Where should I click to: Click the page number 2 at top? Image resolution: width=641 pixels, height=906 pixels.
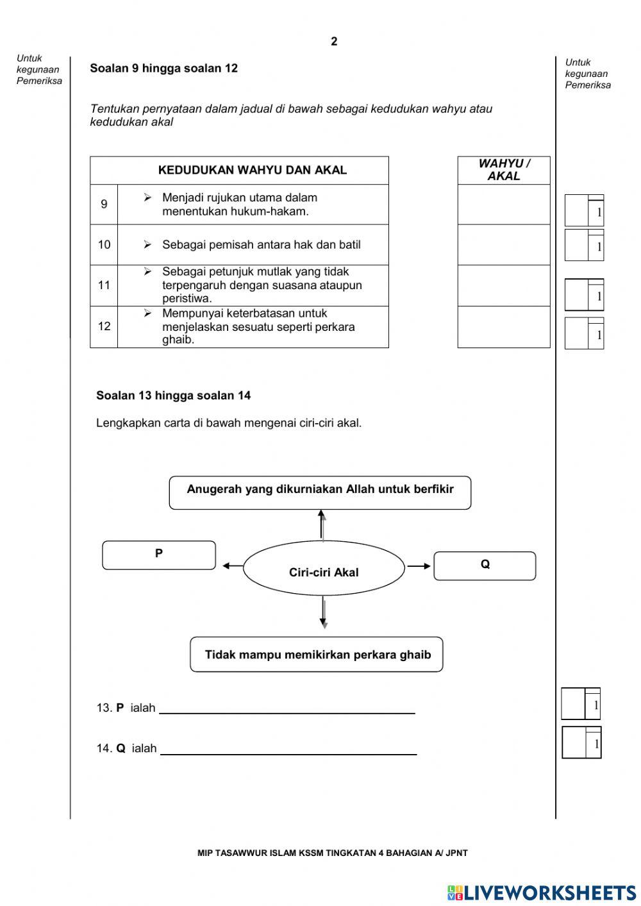pyautogui.click(x=333, y=42)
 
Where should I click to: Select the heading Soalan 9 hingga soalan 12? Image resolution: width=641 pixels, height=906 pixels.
pyautogui.click(x=163, y=69)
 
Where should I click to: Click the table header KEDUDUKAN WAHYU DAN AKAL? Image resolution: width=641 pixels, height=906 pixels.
pyautogui.click(x=252, y=171)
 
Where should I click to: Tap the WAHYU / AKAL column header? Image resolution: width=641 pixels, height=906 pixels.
pyautogui.click(x=504, y=171)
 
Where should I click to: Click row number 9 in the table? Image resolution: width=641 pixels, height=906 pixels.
pyautogui.click(x=104, y=205)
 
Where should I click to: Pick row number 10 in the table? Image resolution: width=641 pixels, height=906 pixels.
pyautogui.click(x=104, y=245)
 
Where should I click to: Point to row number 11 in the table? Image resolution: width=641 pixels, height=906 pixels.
pyautogui.click(x=104, y=285)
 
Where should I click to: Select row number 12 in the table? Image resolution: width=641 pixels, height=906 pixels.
pyautogui.click(x=104, y=326)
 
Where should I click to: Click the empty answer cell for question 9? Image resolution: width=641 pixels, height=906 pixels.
pyautogui.click(x=504, y=205)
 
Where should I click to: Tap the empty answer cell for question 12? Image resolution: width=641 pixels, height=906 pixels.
pyautogui.click(x=504, y=327)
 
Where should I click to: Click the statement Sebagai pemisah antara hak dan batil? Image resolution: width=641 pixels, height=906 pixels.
pyautogui.click(x=261, y=245)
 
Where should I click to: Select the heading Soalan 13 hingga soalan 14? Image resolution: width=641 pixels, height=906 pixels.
pyautogui.click(x=173, y=396)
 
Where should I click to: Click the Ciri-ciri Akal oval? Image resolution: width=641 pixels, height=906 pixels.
pyautogui.click(x=324, y=569)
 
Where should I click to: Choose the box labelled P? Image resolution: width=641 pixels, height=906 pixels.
pyautogui.click(x=159, y=555)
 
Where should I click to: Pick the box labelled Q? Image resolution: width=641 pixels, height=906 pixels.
pyautogui.click(x=485, y=566)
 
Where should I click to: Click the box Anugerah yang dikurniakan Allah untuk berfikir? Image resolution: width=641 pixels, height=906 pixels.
pyautogui.click(x=320, y=492)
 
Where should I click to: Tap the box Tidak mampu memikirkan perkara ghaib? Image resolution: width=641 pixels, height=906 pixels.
pyautogui.click(x=317, y=655)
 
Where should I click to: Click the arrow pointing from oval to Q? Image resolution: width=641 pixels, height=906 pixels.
pyautogui.click(x=419, y=566)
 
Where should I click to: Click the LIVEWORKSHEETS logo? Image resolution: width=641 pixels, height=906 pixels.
pyautogui.click(x=542, y=893)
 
